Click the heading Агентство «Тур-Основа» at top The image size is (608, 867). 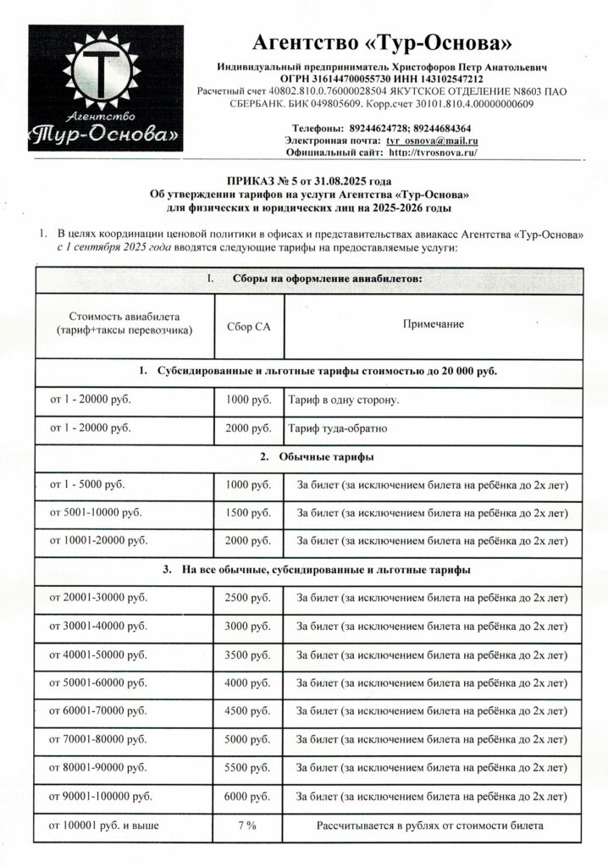pos(383,43)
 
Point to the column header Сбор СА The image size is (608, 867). pos(249,325)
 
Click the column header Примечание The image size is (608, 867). pos(433,324)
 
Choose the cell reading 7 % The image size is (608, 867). pos(248,825)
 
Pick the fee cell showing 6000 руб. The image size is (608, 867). pos(248,797)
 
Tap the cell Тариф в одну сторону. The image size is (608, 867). pos(344,400)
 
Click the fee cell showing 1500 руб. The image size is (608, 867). pos(248,512)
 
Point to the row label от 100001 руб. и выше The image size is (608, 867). pos(104,825)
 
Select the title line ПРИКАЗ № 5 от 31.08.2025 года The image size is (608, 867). pos(309,181)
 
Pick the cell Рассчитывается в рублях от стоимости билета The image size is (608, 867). pos(430,825)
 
